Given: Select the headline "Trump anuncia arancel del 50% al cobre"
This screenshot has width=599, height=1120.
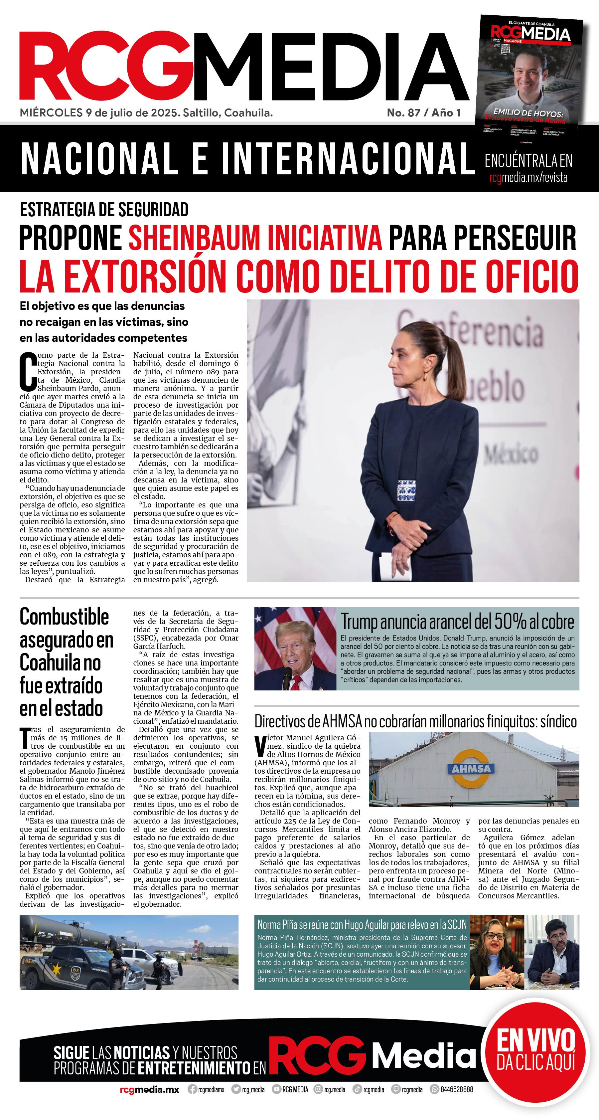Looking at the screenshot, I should click(x=457, y=622).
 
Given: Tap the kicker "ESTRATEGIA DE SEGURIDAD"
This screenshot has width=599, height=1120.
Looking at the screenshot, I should click(x=104, y=210).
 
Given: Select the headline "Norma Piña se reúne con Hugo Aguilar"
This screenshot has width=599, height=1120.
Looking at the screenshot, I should click(x=362, y=924).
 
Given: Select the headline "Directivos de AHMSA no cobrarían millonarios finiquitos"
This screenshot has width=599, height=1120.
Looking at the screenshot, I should click(x=415, y=721).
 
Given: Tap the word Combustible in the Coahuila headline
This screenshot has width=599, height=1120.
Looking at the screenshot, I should click(x=64, y=617).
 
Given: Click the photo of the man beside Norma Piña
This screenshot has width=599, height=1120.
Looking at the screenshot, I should click(x=553, y=952).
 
